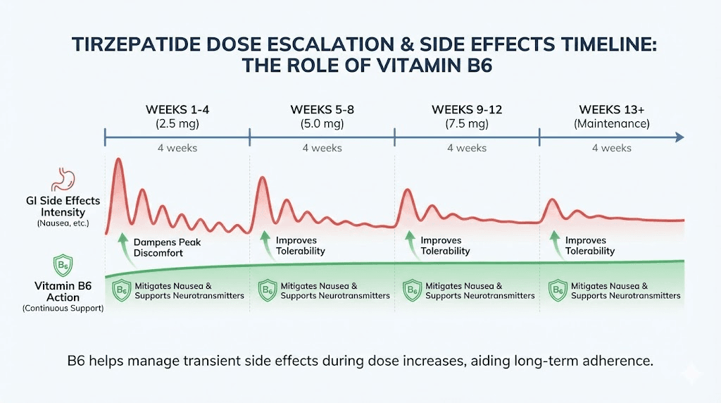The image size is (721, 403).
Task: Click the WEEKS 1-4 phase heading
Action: tap(177, 109)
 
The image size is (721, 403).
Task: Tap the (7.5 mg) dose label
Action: tap(467, 123)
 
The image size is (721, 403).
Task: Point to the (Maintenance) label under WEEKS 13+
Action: tap(612, 123)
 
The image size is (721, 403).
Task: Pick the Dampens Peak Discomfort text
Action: tap(168, 247)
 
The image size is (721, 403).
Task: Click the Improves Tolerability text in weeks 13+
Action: tap(590, 245)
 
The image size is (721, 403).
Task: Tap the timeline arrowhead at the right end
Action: tap(679, 137)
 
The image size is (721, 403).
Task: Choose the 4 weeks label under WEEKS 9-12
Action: tap(467, 148)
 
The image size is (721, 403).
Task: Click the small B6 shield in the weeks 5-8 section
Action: tap(267, 290)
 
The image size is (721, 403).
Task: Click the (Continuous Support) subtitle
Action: tap(63, 309)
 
